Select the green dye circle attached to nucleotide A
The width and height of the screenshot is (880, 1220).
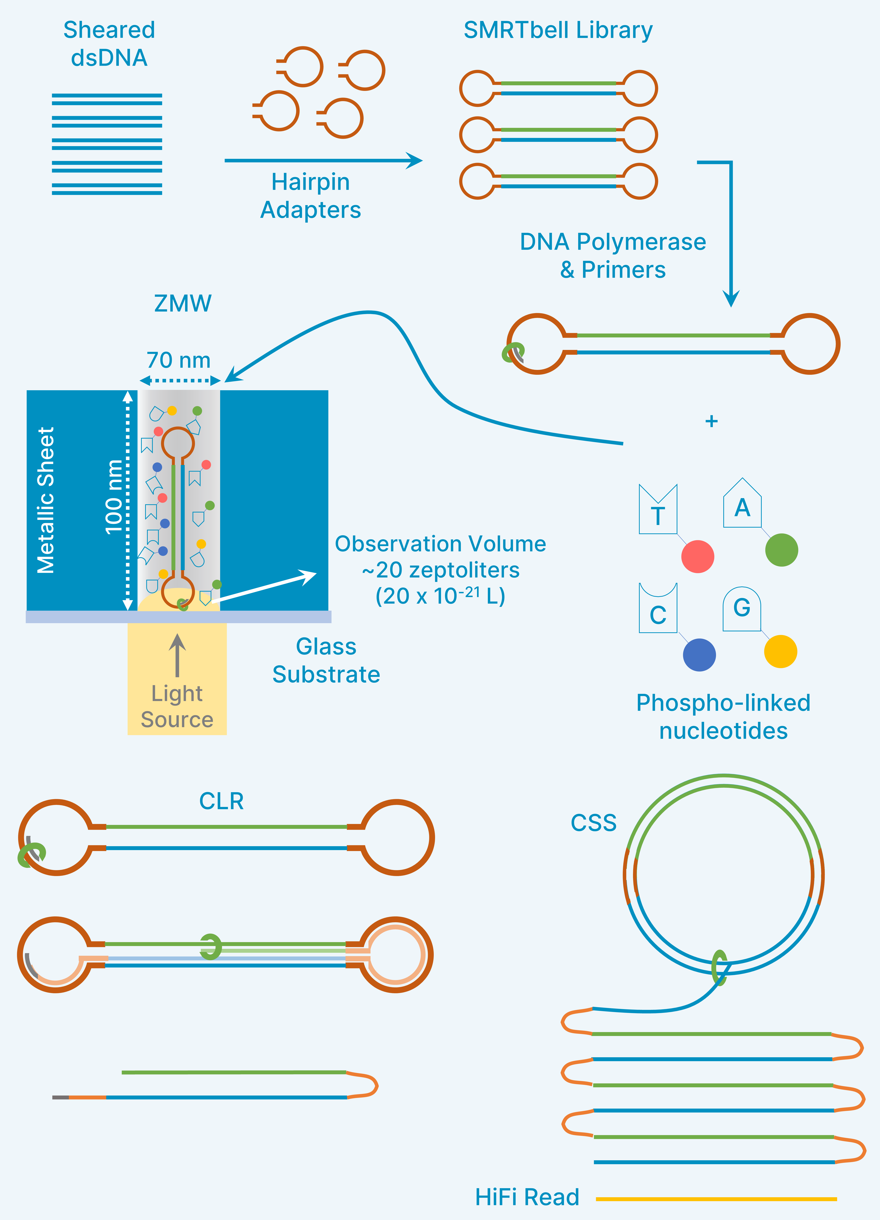click(x=781, y=550)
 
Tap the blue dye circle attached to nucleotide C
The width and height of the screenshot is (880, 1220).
click(x=699, y=655)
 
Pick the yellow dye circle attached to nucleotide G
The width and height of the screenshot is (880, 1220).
click(x=780, y=651)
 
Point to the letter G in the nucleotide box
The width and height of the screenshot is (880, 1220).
click(x=742, y=608)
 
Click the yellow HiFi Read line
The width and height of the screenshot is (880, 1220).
click(x=716, y=1199)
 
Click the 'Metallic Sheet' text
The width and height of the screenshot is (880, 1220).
click(x=46, y=500)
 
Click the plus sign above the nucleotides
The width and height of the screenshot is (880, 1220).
click(x=711, y=421)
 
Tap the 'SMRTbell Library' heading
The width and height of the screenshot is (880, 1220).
click(x=558, y=30)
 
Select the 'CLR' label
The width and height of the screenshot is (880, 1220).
click(x=221, y=801)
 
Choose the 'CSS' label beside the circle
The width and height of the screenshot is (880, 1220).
click(x=593, y=822)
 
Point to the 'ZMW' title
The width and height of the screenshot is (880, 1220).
click(x=183, y=303)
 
